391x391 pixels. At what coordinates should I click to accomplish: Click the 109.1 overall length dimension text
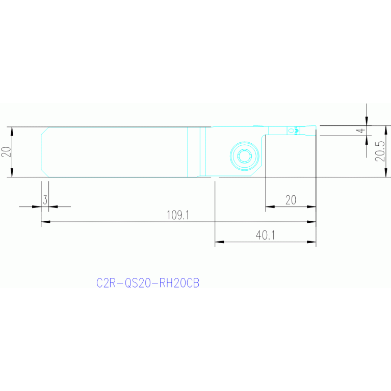pos(178,215)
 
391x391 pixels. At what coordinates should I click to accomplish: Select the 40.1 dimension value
pos(265,235)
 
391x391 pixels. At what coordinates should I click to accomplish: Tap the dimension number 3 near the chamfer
pos(45,200)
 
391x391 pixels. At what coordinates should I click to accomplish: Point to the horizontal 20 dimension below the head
pos(291,200)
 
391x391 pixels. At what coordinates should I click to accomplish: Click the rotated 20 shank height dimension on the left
pos(6,152)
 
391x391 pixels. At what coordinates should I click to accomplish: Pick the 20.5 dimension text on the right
pos(380,151)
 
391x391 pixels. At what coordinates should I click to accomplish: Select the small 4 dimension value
pos(361,131)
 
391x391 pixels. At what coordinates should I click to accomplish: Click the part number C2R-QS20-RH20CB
pos(148,283)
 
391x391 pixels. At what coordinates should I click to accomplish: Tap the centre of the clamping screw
pos(244,156)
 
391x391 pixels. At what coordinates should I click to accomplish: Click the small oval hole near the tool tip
pos(291,131)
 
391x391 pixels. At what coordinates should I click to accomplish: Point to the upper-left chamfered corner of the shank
pos(45,131)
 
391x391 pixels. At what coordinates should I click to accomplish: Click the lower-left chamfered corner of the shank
pos(45,173)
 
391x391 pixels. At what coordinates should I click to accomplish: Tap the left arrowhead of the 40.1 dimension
pos(219,242)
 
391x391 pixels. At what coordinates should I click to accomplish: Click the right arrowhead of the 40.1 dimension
pos(311,242)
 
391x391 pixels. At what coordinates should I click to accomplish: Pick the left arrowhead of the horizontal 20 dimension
pos(270,207)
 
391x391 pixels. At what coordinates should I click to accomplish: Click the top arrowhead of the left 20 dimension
pos(12,132)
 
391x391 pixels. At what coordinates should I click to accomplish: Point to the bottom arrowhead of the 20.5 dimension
pos(386,173)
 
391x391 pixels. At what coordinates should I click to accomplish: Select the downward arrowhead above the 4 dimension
pos(367,121)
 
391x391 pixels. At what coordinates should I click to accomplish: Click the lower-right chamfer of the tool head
pos(256,171)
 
